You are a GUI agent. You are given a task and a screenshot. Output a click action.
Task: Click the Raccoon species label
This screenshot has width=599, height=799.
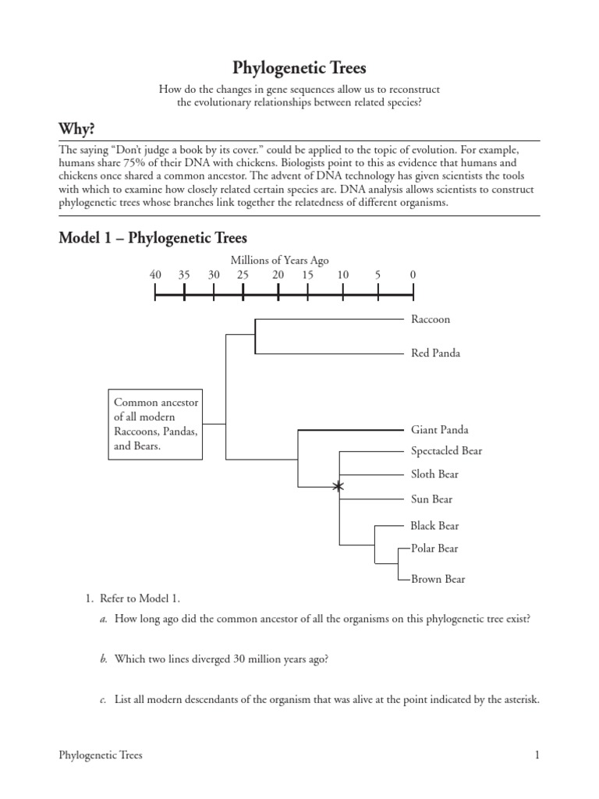point(431,319)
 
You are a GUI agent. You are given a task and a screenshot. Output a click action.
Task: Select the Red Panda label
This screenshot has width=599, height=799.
point(435,353)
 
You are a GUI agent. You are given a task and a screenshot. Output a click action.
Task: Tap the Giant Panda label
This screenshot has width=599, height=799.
point(439,430)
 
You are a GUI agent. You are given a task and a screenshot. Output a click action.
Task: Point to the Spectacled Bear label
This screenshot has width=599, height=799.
point(446,451)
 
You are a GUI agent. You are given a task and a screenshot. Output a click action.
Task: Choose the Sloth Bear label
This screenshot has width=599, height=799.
point(434,474)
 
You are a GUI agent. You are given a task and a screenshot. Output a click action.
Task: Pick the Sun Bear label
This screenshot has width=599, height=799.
point(431,499)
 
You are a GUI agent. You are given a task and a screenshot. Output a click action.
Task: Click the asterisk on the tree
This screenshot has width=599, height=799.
point(338,487)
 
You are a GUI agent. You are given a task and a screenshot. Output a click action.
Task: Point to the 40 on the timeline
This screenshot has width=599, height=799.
point(155,275)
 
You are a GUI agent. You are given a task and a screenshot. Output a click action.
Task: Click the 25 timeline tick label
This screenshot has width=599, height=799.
point(243,275)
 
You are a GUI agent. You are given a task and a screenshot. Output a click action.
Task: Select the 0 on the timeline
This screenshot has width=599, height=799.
point(413,275)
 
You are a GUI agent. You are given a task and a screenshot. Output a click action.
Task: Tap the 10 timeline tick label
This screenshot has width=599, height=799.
point(343,275)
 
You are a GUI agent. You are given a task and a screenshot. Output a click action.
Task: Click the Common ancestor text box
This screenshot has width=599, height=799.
point(156,425)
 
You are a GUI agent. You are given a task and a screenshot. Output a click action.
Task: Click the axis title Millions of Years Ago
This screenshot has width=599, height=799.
point(285,260)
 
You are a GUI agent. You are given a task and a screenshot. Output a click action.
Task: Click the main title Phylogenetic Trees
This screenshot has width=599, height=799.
point(299,68)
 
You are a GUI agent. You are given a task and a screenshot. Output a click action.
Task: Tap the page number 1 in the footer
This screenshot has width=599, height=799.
point(537,755)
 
